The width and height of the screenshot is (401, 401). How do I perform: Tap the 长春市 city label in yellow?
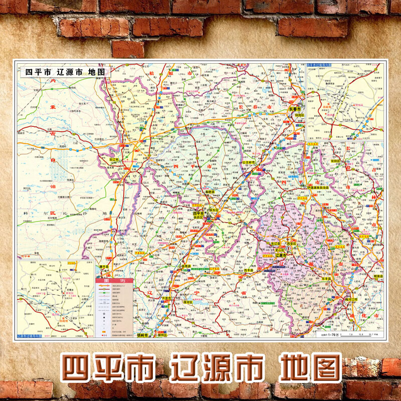[x=294, y=109]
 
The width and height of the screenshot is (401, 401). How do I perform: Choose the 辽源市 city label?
[x=281, y=256]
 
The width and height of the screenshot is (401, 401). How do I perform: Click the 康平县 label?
[x=104, y=267]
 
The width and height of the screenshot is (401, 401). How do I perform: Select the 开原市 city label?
[x=168, y=298]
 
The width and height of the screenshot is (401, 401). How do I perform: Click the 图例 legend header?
[x=114, y=281]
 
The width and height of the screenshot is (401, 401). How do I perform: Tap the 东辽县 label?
[x=275, y=244]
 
